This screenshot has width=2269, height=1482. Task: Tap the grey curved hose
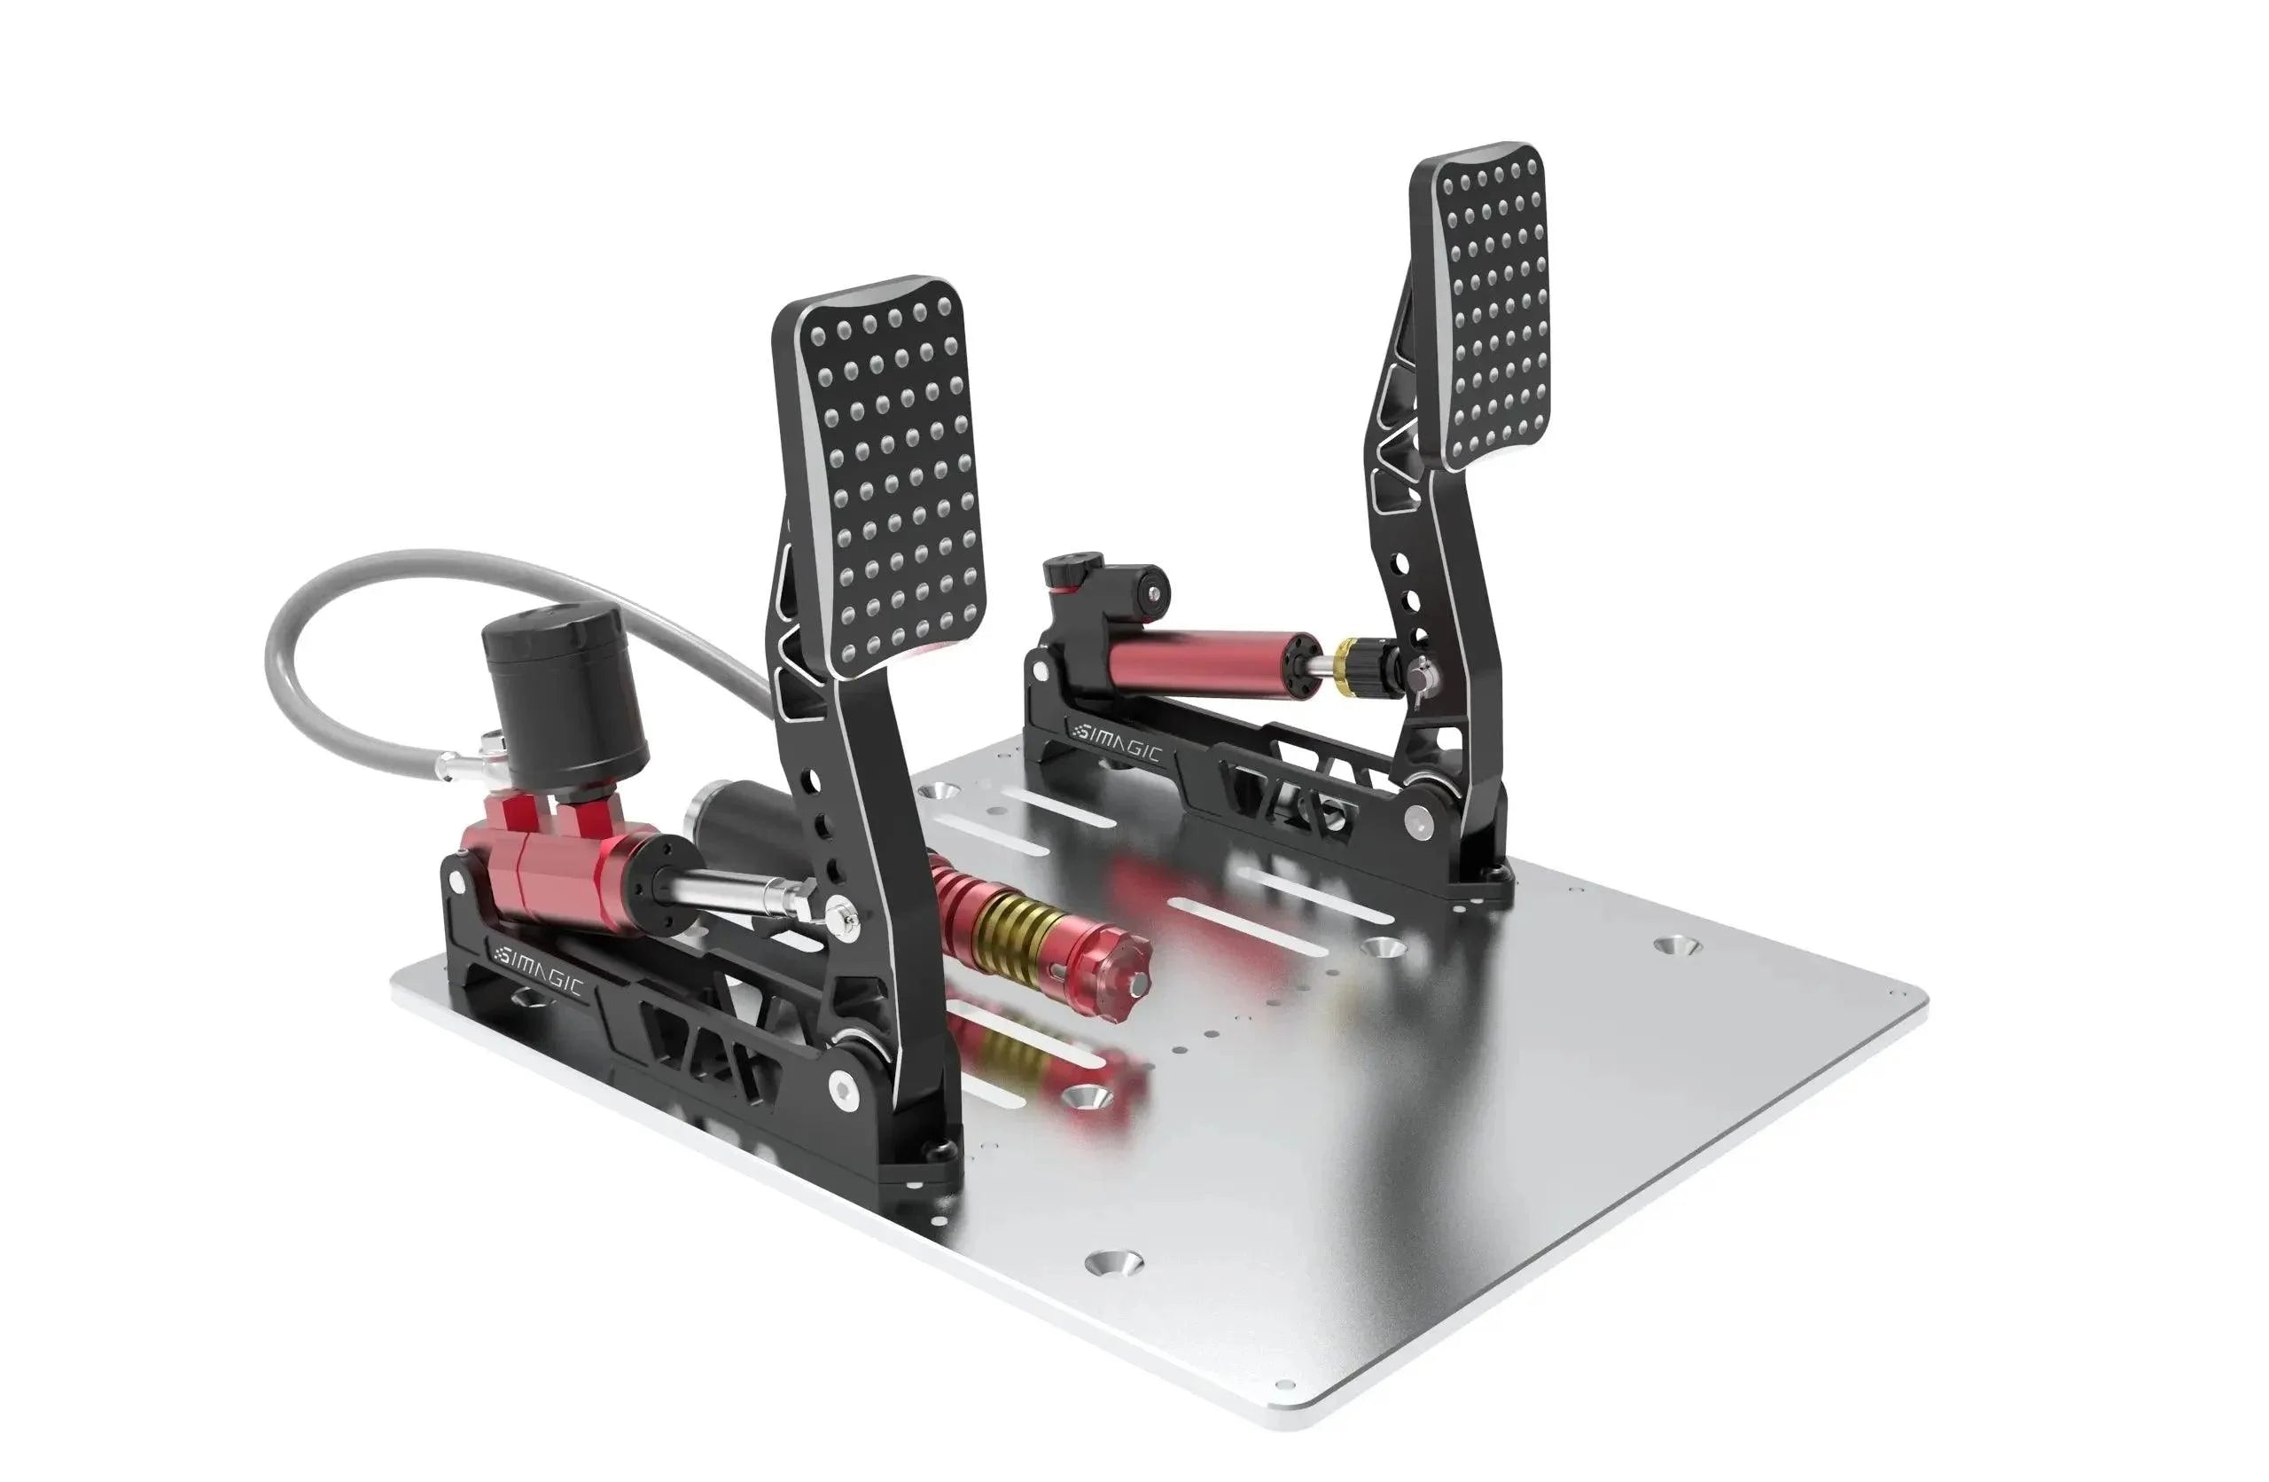315,610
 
